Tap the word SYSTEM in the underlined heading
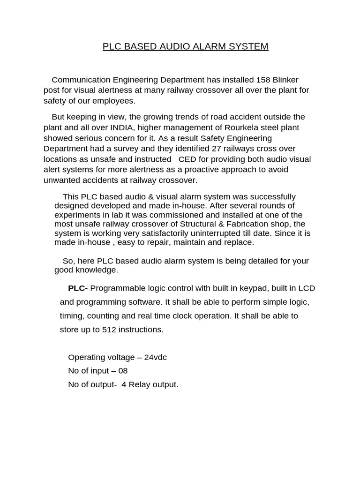247,46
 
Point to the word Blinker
285,80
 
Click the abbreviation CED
182,159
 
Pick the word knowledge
99,270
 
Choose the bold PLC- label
78,288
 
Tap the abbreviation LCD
300,288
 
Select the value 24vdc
155,357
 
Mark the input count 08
122,371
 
